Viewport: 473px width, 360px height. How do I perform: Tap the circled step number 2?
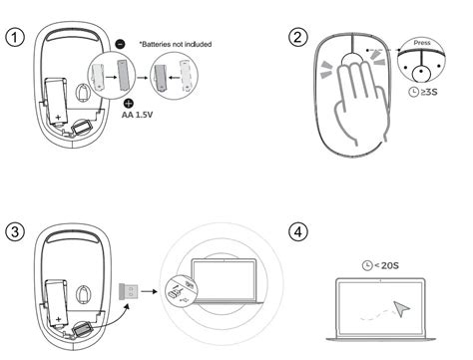297,39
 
